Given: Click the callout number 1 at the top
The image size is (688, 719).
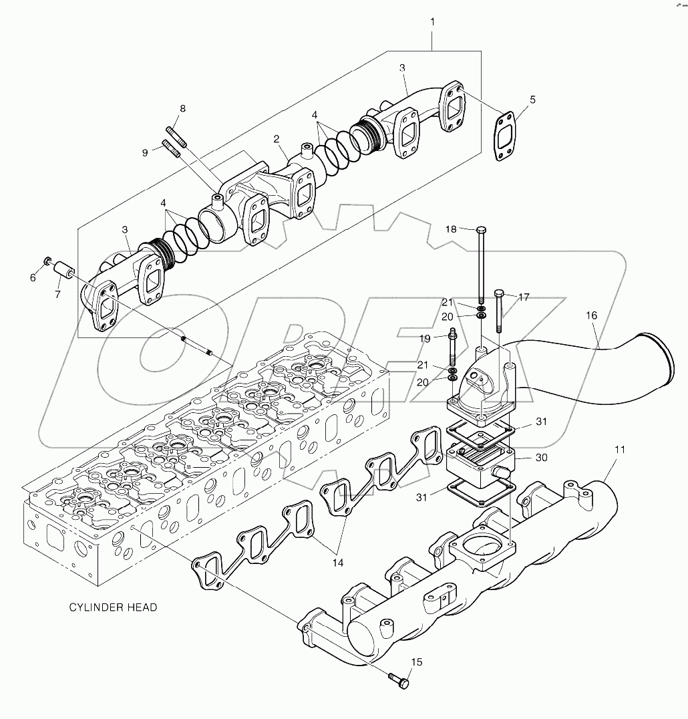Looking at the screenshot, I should coord(432,22).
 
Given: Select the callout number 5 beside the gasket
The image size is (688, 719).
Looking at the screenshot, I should coord(532,100).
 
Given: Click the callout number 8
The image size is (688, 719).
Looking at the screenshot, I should coord(182,108).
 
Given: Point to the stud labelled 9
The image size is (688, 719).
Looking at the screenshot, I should coord(171,149).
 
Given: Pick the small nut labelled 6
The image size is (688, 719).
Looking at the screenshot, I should coord(47,259).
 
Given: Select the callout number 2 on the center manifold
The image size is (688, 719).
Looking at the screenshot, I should coord(276,139).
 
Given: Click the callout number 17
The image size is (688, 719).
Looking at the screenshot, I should coord(524,297).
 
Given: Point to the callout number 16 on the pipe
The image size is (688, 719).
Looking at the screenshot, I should coord(592,315).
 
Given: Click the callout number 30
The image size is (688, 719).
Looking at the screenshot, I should coord(542,458).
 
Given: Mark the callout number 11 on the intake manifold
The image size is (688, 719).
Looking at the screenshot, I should coord(619,450).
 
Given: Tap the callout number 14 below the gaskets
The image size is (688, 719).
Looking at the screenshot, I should coord(338,563).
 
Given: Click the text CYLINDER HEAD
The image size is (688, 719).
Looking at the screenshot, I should coord(114,607).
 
